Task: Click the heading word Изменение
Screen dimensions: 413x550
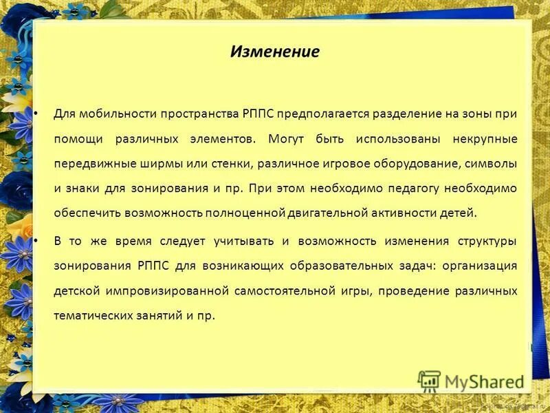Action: pos(274,52)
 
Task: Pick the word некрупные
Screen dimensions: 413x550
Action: pos(485,138)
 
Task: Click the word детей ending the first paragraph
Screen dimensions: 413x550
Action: pos(459,213)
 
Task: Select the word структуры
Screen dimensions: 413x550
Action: pos(486,241)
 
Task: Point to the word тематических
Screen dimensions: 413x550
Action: pos(90,316)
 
